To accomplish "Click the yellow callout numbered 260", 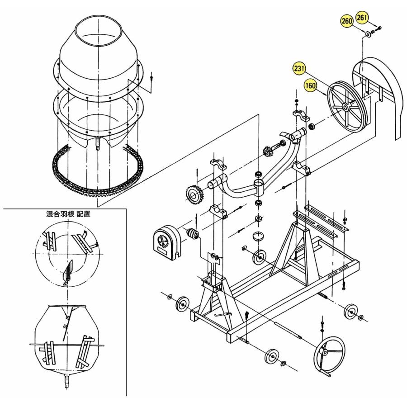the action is click(346, 21).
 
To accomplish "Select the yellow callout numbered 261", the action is click(362, 17).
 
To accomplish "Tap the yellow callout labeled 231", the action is click(299, 69).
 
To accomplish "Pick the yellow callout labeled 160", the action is click(310, 85).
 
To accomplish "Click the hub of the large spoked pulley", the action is click(345, 107).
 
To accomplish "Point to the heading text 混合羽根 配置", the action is click(68, 214).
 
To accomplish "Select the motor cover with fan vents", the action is click(166, 243).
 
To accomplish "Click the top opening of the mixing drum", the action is click(99, 31).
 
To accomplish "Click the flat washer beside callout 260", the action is click(368, 34).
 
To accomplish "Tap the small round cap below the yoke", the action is click(258, 237).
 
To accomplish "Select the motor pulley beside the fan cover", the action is click(192, 233).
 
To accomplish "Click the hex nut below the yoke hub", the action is click(259, 218).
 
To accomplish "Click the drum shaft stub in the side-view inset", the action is click(67, 382).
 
